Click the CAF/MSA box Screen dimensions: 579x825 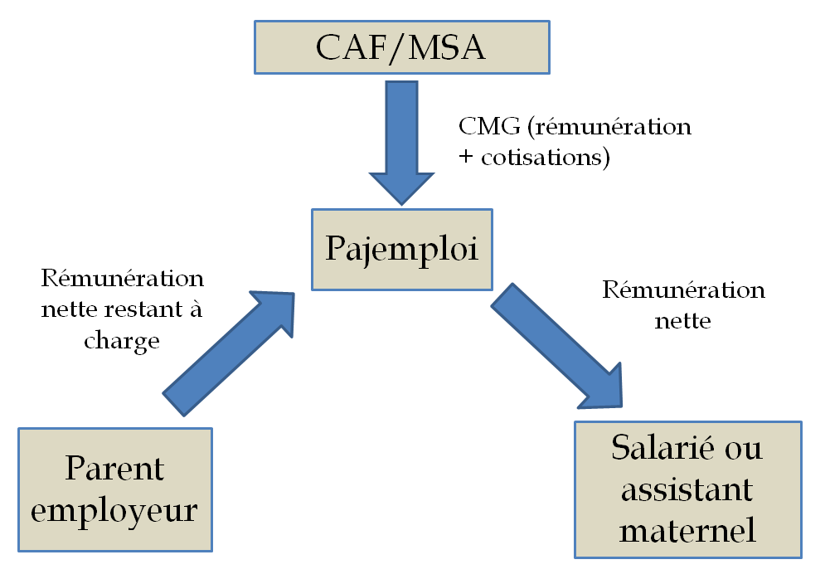coord(400,46)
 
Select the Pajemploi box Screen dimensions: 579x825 coord(402,249)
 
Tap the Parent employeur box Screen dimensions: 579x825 coord(115,489)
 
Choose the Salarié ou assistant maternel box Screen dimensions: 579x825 coord(687,489)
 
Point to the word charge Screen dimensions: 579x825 coord(122,340)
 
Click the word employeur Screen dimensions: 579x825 coord(115,509)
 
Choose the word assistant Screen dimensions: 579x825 coord(687,489)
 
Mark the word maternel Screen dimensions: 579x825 coord(687,529)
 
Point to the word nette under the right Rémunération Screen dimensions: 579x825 coord(683,321)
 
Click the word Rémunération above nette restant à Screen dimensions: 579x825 coord(122,278)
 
